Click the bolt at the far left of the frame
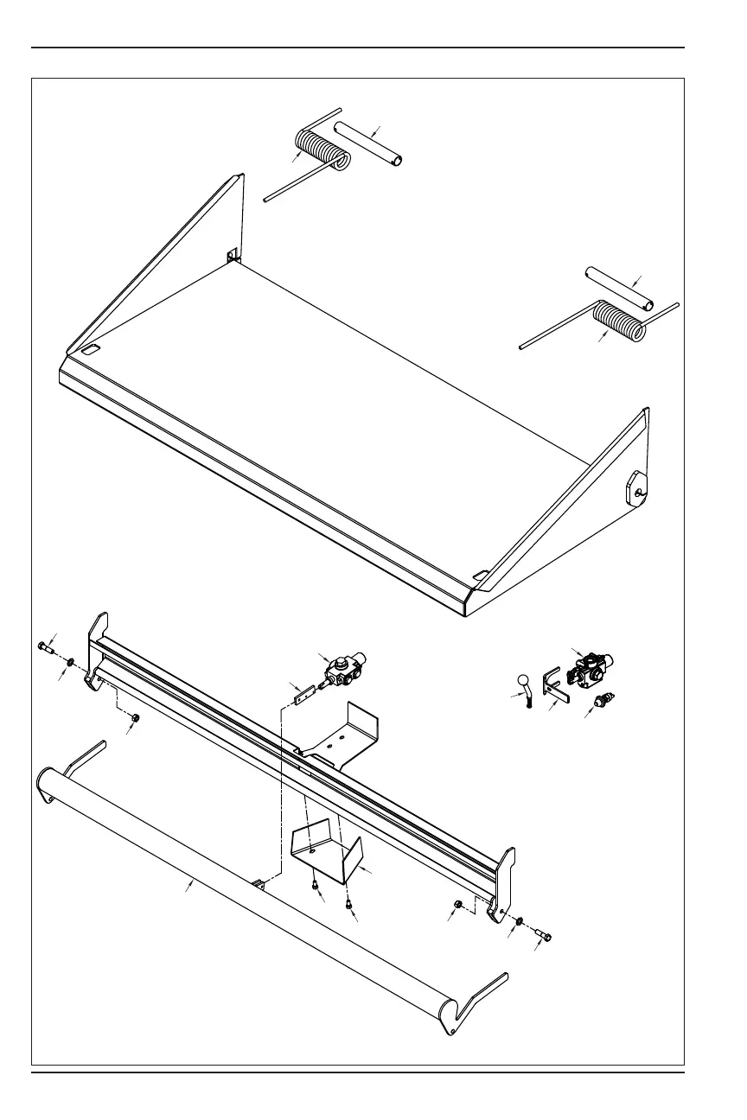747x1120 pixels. tap(47, 647)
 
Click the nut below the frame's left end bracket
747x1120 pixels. tap(136, 717)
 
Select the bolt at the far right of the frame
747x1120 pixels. tap(541, 934)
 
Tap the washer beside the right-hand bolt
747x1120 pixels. tap(518, 922)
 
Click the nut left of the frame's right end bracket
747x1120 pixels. tap(459, 904)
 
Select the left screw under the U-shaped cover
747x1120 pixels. tap(314, 885)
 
